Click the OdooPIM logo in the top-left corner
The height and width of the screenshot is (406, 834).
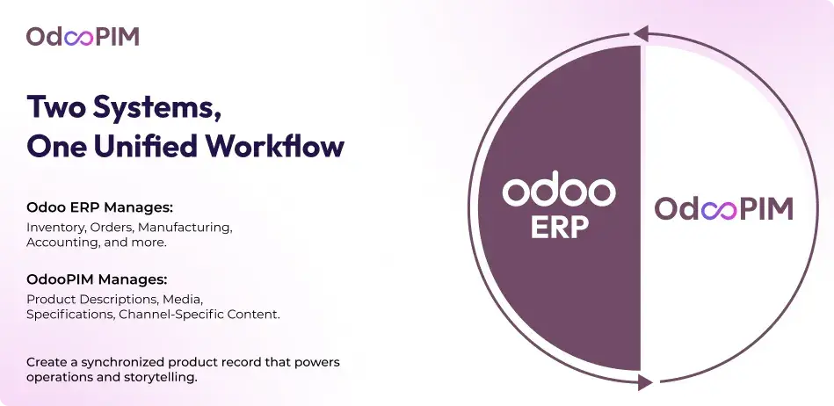point(83,37)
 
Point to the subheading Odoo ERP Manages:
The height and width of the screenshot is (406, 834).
point(100,207)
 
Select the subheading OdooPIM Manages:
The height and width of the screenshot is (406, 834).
point(97,279)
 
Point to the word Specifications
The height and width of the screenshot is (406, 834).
point(70,315)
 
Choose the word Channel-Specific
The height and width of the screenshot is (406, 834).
point(163,315)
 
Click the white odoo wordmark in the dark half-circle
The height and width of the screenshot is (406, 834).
point(559,188)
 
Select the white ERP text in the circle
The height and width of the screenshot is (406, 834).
point(560,227)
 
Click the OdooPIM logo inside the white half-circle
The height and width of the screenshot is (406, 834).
point(724,208)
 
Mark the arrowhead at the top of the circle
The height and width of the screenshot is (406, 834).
point(641,33)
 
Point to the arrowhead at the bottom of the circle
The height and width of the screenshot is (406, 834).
point(645,382)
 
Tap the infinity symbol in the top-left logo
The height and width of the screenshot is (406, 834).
point(79,38)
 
